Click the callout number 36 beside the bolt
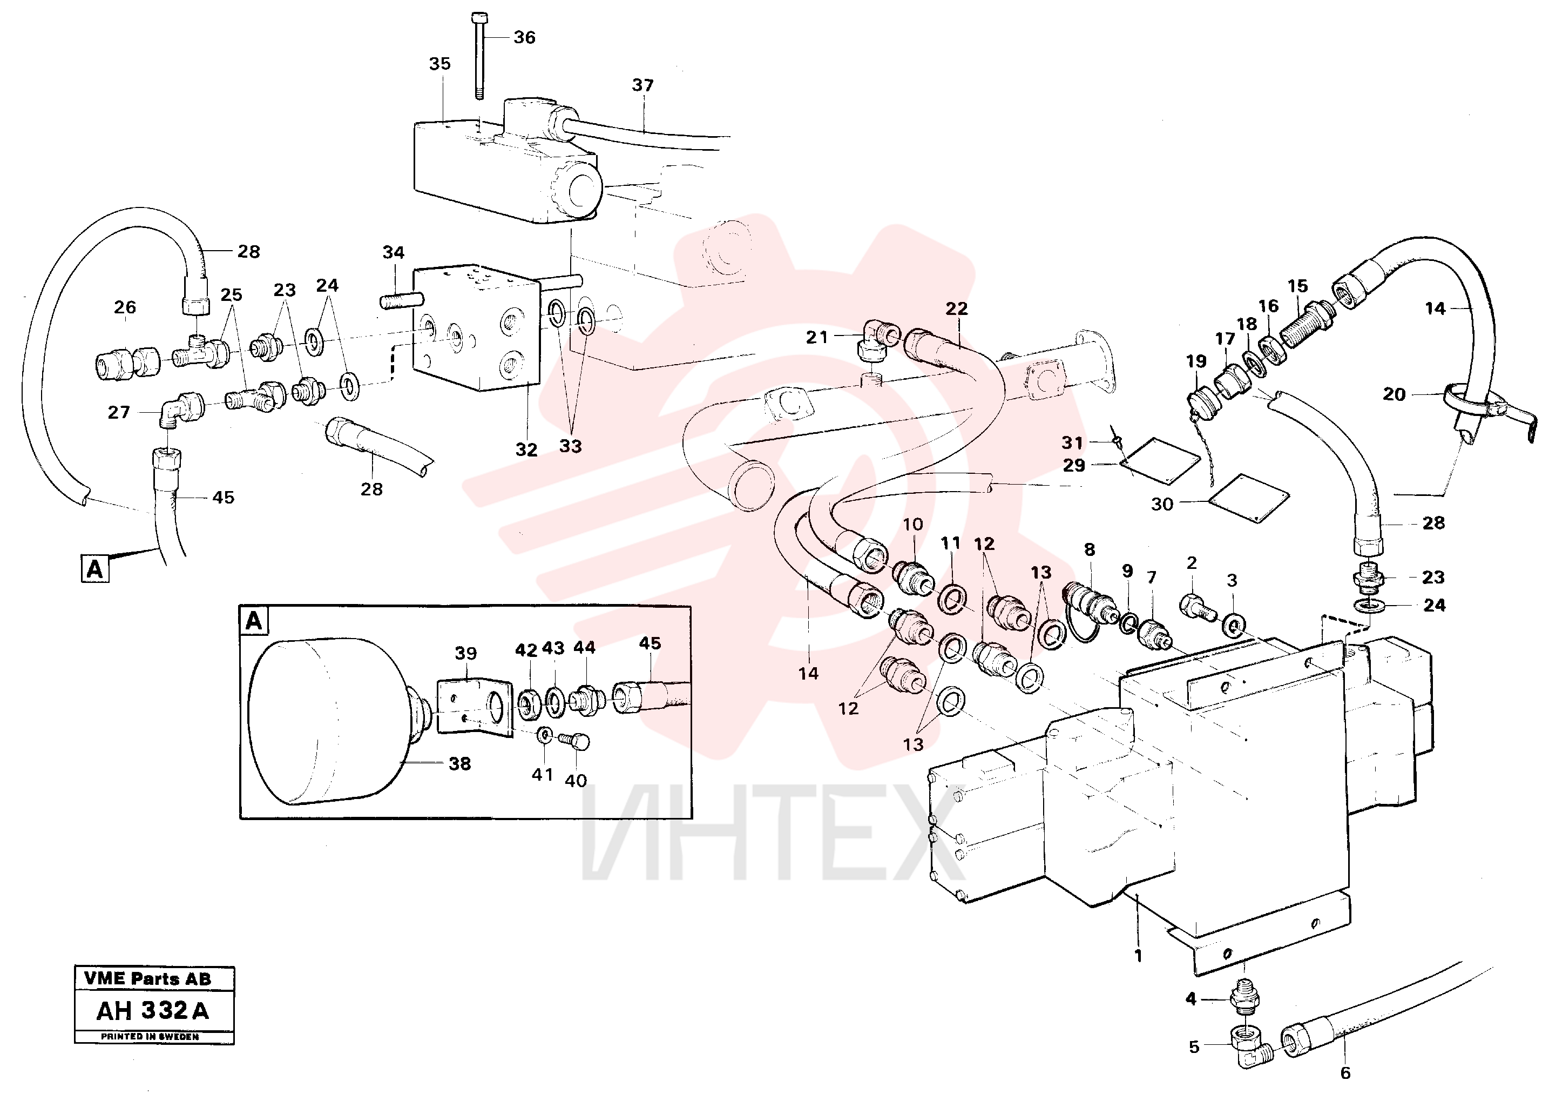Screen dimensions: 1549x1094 pos(524,38)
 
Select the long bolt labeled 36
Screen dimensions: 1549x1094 pos(479,56)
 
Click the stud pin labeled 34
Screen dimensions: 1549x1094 pos(401,300)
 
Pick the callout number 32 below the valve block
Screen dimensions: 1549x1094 pos(526,450)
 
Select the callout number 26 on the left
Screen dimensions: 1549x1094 pos(125,308)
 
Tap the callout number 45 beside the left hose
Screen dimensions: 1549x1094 pos(224,498)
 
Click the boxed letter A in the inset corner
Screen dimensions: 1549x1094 pos(254,620)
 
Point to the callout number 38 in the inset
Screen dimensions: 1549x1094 pos(459,764)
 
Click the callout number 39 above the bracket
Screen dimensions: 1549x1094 pos(465,653)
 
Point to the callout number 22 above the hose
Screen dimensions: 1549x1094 pos(957,309)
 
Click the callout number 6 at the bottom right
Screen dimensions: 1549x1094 pos(1345,1073)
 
